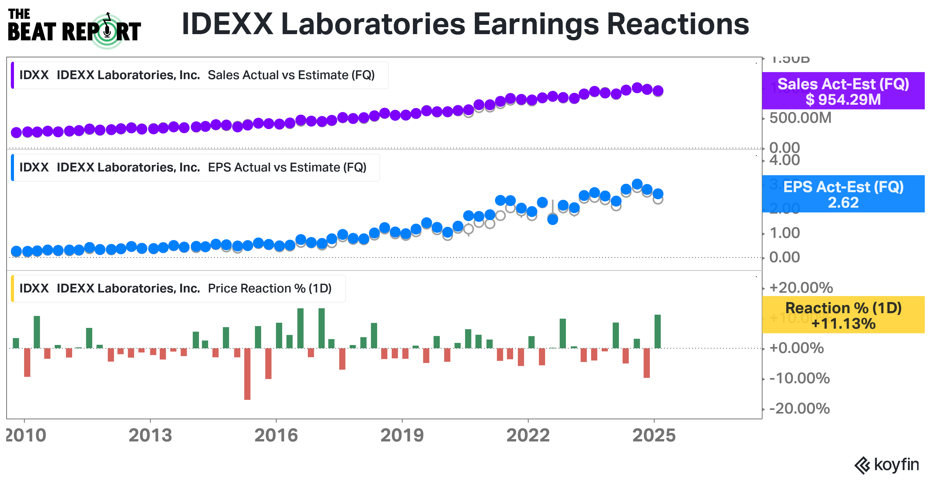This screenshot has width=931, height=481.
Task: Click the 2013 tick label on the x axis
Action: [x=150, y=435]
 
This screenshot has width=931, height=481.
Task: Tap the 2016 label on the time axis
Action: [x=276, y=435]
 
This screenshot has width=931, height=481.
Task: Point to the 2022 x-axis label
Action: [x=528, y=435]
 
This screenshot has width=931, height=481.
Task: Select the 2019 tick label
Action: [x=402, y=435]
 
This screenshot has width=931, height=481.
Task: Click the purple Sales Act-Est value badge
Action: [x=843, y=91]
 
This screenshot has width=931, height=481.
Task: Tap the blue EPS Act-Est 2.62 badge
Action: [x=843, y=194]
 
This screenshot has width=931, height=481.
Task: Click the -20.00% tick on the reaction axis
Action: [x=799, y=409]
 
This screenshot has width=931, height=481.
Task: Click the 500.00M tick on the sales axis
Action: [x=800, y=118]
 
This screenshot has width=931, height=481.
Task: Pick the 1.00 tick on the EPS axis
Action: [x=784, y=233]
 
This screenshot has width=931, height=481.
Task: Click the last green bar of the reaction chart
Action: [x=657, y=331]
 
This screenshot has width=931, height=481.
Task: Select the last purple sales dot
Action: [x=658, y=90]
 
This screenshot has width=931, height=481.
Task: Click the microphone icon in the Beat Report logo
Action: [x=107, y=32]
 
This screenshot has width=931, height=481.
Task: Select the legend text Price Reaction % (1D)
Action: [x=270, y=288]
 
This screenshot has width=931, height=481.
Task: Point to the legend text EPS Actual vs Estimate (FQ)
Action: [x=287, y=167]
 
